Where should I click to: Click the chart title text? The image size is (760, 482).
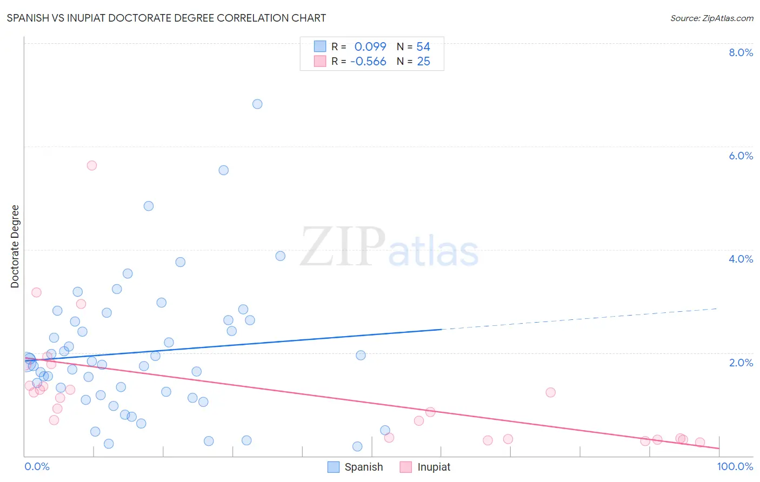click(166, 18)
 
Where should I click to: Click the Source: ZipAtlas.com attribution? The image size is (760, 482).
click(711, 18)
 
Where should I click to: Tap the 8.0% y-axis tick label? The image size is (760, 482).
click(741, 52)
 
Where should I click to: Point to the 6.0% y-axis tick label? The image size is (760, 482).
click(741, 156)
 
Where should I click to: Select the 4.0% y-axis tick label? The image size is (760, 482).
click(741, 259)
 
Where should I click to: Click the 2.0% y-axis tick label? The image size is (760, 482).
click(741, 363)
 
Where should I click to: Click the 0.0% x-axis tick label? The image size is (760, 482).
click(37, 466)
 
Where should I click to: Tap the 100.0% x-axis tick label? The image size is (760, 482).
click(735, 466)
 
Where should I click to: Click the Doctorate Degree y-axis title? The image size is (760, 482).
click(15, 246)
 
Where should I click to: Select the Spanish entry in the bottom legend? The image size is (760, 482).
click(363, 467)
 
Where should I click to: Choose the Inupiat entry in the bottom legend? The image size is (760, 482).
click(434, 467)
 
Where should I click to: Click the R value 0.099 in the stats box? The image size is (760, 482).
click(370, 47)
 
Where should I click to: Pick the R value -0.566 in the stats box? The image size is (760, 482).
click(368, 62)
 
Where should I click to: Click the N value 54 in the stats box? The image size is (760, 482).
click(423, 47)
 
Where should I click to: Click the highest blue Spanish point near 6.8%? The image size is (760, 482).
click(257, 104)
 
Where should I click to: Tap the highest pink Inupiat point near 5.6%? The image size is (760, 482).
click(92, 165)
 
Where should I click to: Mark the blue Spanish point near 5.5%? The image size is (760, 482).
click(223, 170)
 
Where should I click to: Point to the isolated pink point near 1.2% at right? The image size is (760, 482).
click(550, 392)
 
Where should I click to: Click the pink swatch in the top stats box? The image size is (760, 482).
click(320, 61)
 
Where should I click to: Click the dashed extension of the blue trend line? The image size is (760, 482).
click(578, 319)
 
